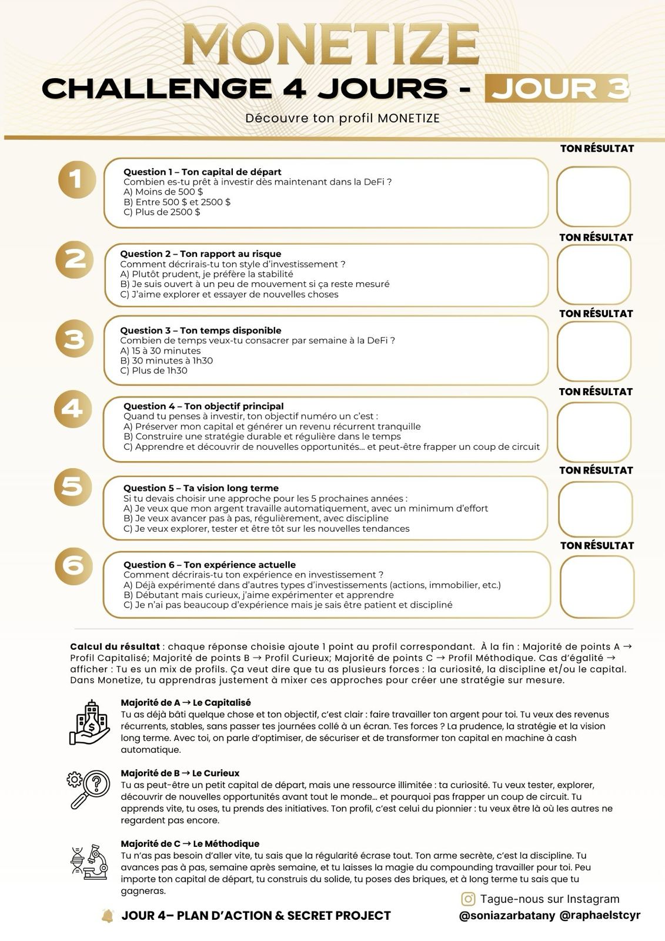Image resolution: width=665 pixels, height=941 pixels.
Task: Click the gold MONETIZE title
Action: tap(331, 45)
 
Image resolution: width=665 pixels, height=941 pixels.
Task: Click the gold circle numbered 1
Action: tap(76, 179)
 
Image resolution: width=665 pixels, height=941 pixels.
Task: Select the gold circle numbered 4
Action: tap(73, 408)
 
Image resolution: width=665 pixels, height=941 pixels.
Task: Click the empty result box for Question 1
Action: tap(593, 196)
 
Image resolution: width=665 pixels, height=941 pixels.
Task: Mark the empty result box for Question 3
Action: tap(594, 351)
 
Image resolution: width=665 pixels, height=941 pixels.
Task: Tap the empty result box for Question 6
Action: tap(597, 586)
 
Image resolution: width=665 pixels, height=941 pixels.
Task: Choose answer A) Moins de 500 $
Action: tap(163, 192)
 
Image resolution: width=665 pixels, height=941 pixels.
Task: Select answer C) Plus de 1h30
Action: tap(153, 371)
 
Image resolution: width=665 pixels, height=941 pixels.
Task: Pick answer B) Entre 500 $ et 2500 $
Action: tap(177, 202)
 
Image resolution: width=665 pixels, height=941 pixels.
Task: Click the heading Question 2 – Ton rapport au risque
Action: tap(200, 253)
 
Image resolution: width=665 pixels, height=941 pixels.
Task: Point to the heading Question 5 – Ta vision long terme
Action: tap(200, 488)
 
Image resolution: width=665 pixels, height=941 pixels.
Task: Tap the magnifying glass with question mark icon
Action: tap(89, 790)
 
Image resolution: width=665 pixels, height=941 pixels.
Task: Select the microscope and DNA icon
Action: tap(89, 862)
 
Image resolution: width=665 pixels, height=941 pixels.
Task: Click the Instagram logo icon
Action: tap(468, 899)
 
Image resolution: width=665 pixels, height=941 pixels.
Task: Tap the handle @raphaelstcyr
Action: tap(600, 915)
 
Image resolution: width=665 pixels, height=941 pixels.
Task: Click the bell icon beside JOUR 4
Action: tap(108, 916)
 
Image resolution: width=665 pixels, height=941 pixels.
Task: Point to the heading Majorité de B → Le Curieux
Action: tap(180, 773)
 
